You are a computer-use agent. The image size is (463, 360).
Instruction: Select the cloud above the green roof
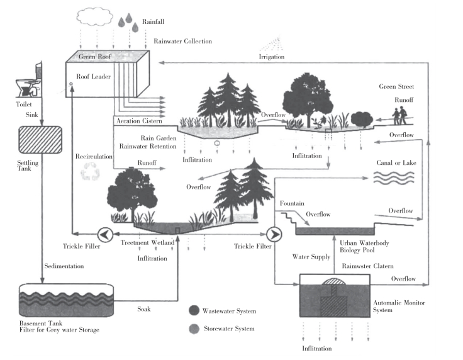(x=94, y=14)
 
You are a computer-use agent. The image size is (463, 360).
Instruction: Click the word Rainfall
(x=153, y=21)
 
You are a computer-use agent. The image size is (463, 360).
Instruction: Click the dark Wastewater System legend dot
(x=194, y=310)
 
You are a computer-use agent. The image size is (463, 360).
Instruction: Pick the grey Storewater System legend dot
(x=194, y=329)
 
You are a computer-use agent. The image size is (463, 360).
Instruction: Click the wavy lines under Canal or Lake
(x=394, y=177)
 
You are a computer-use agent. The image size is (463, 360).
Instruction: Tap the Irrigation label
(x=272, y=57)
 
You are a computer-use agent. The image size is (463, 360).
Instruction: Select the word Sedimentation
(x=64, y=266)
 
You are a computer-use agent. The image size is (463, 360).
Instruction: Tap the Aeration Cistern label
(x=140, y=120)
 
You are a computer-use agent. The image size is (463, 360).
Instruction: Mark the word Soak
(x=144, y=309)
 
